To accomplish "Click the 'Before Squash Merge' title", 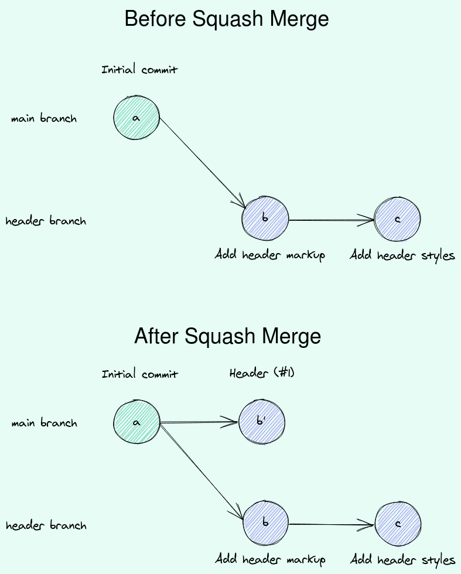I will (227, 19).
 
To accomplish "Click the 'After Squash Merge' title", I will (227, 336).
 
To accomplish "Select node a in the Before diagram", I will (136, 118).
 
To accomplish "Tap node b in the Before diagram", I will (265, 219).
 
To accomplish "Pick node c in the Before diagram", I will (397, 220).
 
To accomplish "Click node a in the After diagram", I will (136, 422).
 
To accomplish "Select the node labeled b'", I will (261, 422).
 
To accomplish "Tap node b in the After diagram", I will (265, 523).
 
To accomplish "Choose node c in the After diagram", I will (397, 524).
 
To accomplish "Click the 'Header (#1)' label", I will (261, 373).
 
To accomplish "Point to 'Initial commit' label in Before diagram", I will (139, 70).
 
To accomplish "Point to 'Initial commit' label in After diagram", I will (139, 374).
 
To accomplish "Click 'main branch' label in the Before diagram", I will (44, 118).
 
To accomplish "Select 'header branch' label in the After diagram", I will (46, 525).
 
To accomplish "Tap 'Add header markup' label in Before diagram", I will (269, 255).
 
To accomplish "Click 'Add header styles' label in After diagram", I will (402, 560).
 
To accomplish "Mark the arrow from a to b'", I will (199, 422).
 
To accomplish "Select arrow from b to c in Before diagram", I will (331, 220).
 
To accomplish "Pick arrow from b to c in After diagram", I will (331, 524).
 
